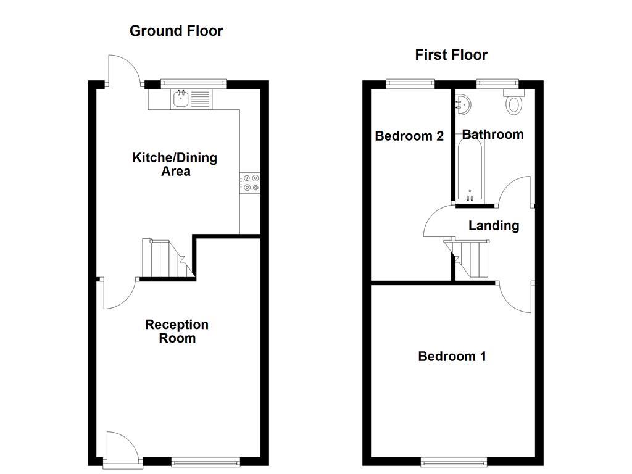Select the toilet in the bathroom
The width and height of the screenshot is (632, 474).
click(513, 102)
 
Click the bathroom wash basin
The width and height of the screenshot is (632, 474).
click(462, 106)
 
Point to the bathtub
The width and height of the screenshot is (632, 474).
click(471, 169)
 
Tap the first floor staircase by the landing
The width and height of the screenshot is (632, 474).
click(471, 258)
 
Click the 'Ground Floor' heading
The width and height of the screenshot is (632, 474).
click(176, 31)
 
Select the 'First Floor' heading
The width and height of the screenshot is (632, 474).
click(451, 55)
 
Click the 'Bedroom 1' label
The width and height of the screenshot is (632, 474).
click(452, 356)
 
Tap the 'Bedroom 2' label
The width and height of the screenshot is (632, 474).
click(409, 136)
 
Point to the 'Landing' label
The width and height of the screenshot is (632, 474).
click(493, 226)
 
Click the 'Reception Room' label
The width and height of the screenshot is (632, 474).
click(177, 331)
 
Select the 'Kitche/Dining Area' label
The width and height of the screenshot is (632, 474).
click(175, 164)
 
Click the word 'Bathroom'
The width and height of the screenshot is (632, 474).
click(493, 135)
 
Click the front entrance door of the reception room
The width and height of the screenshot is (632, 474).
click(117, 447)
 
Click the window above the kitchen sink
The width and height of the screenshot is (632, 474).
click(193, 81)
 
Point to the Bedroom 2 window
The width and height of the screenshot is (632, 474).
click(410, 81)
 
